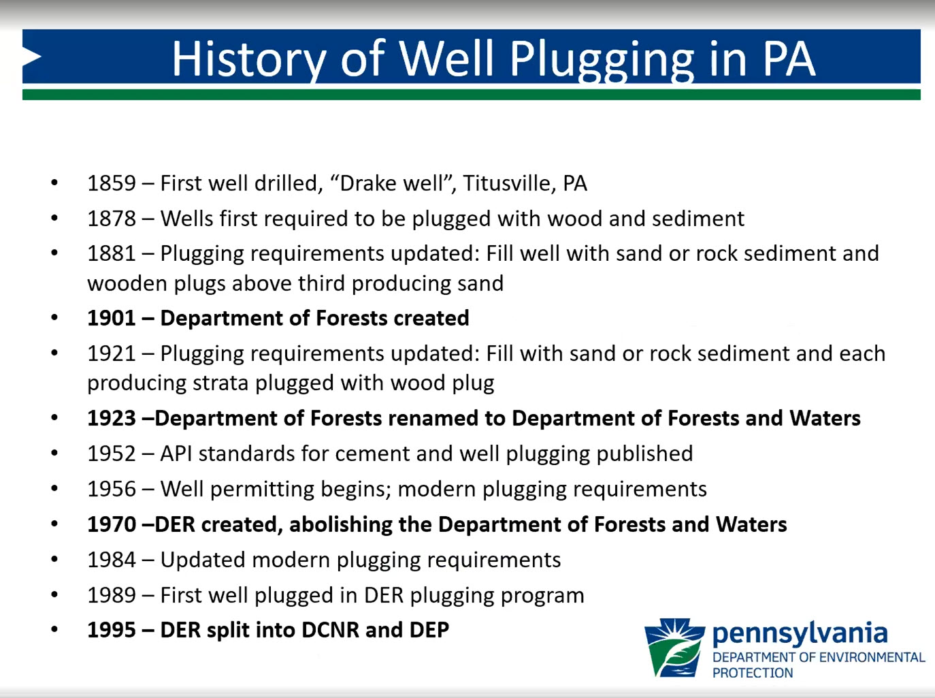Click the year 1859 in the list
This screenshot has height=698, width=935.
point(112,183)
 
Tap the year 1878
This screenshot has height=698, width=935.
point(112,219)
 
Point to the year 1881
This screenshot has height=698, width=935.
point(112,253)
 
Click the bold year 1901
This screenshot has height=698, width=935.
point(112,318)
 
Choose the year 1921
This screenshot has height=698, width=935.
point(112,353)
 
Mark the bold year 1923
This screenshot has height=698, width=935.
point(112,418)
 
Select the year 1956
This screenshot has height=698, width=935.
point(112,489)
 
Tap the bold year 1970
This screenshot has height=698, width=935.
point(112,524)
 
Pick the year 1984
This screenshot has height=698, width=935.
point(112,560)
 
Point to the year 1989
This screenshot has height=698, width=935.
point(112,595)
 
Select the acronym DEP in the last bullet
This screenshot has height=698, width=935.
point(429,631)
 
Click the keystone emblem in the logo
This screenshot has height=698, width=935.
point(674,648)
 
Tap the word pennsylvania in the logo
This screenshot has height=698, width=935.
point(800,635)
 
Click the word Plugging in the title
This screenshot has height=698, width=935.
point(602,60)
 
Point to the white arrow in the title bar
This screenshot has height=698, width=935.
point(32,57)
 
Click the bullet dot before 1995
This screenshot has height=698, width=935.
point(54,629)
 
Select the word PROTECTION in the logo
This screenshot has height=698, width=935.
point(753,673)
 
